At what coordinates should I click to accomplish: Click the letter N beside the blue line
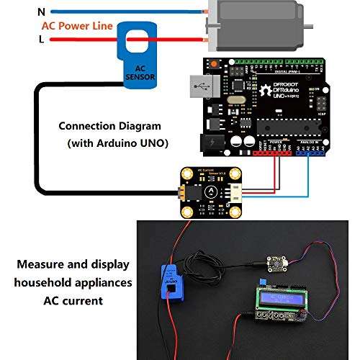[40, 12]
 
